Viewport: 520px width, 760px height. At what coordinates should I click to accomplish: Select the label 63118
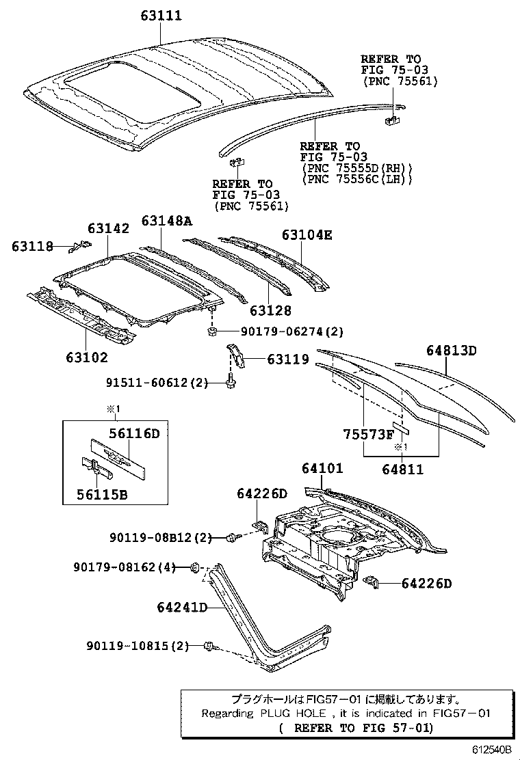coord(32,247)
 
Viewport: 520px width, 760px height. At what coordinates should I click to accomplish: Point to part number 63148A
coord(167,221)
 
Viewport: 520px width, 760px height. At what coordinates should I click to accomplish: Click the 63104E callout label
coord(307,235)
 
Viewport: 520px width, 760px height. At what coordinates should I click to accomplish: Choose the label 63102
coord(87,357)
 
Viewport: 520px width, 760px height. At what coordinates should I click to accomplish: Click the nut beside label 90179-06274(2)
coord(212,333)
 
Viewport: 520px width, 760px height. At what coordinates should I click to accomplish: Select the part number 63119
coord(287,359)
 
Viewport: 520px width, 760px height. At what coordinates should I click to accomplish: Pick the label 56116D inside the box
coord(134,433)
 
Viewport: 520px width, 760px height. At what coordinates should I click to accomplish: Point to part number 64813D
coord(451,351)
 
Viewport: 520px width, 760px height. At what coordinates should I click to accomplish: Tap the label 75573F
coord(368,435)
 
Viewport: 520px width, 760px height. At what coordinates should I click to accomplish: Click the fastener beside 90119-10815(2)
coord(209,645)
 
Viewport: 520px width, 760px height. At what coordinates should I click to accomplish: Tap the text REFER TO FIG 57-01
coord(356,728)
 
